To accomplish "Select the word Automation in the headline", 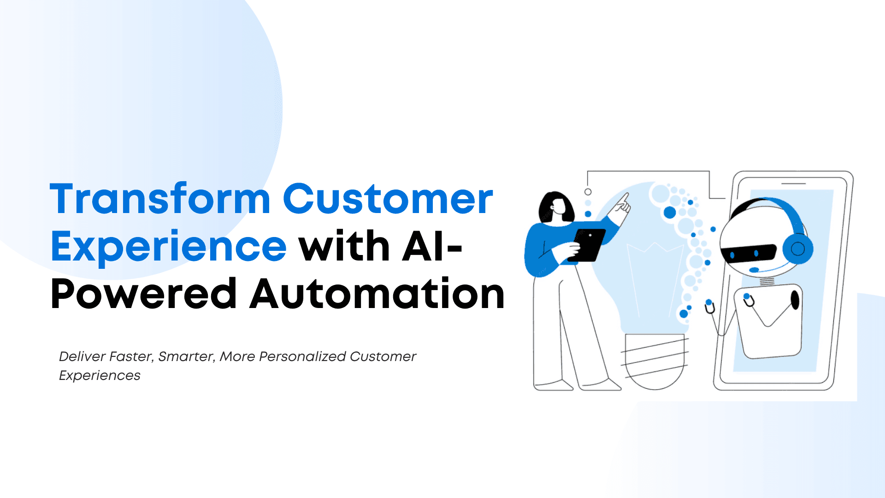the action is (x=378, y=294).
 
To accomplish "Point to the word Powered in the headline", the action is (x=144, y=294).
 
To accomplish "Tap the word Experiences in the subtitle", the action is (x=100, y=375).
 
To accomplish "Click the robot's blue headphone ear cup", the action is (x=797, y=249).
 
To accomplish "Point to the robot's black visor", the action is (x=749, y=253).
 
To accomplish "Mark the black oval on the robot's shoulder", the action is (x=795, y=300).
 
